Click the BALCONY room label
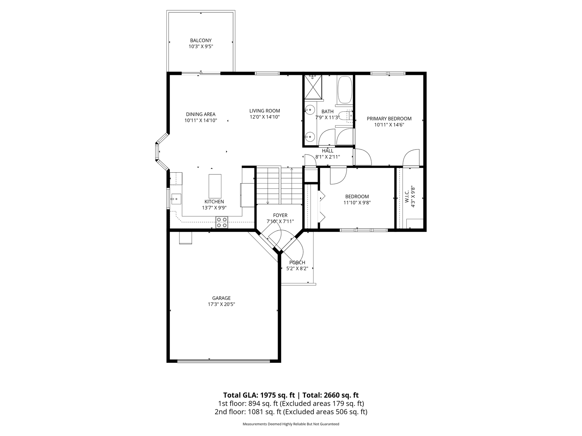coord(201,41)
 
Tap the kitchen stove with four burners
coord(222,222)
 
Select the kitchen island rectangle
coord(215,186)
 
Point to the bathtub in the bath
coord(345,90)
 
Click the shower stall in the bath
coord(313,87)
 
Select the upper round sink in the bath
coord(310,110)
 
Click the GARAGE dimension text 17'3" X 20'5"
coord(221,304)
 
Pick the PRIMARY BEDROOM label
coord(389,119)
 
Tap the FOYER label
coord(280,215)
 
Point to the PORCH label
coord(297,262)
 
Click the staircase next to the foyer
coord(279,186)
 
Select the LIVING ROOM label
coord(264,111)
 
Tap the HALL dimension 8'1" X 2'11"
coord(330,157)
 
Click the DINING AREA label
coord(201,114)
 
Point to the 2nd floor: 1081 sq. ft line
coord(291,412)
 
